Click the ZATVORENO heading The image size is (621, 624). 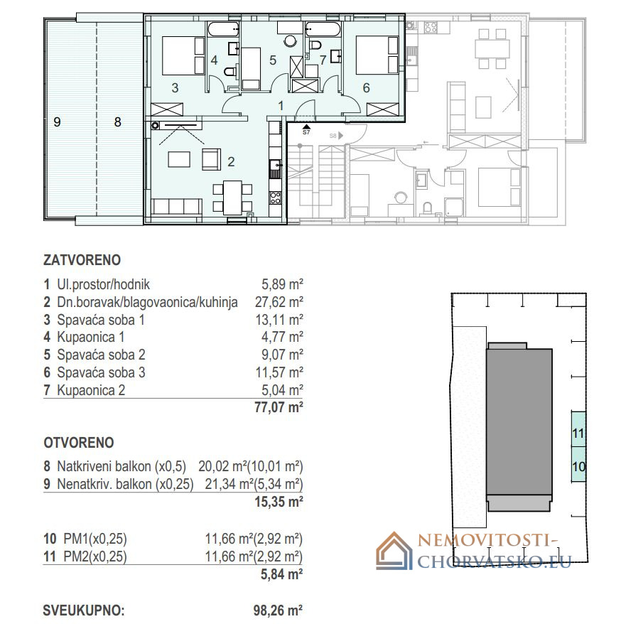coord(82,260)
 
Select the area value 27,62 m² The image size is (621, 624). coord(279,302)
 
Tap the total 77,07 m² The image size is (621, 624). coord(279,407)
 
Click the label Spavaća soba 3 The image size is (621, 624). coord(101,372)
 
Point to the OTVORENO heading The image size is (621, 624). coord(79,443)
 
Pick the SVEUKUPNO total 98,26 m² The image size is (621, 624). coord(278,610)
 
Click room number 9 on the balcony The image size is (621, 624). coord(57,122)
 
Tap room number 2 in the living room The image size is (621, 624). coord(231,161)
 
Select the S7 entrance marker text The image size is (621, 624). coord(306,132)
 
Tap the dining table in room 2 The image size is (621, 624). coord(232,198)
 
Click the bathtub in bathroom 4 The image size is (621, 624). coord(223,29)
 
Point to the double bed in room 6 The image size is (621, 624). coord(377,55)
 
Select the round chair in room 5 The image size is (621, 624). coord(291,41)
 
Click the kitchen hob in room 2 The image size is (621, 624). coord(275,198)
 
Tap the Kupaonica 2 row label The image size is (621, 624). coord(91,390)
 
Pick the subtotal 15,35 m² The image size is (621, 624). coord(279,502)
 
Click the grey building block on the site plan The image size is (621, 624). coord(519,426)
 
